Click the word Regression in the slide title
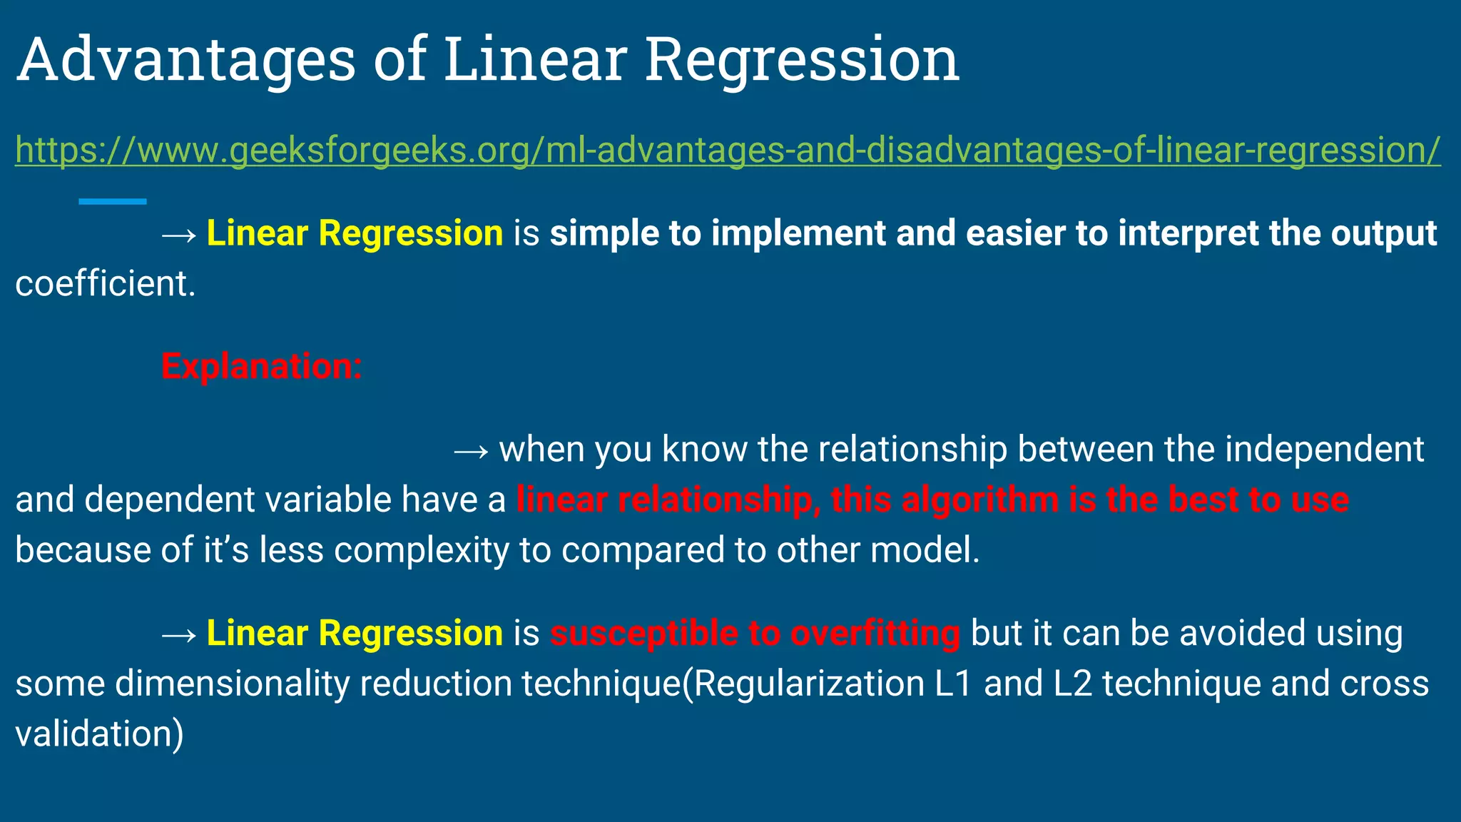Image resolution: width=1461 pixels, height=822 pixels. click(x=802, y=61)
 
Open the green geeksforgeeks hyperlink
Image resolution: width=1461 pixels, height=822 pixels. click(x=728, y=151)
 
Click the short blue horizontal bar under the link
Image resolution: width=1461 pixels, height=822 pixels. click(x=113, y=202)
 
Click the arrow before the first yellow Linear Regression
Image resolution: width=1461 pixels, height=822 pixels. click(x=179, y=235)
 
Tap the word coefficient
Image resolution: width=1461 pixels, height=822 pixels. click(x=104, y=284)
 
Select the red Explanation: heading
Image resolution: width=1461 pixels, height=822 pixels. click(x=262, y=367)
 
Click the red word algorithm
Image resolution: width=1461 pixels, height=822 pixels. click(x=980, y=499)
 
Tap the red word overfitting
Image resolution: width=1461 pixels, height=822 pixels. click(x=875, y=634)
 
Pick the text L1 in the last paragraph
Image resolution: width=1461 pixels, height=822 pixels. click(x=954, y=684)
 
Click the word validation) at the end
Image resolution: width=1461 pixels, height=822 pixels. click(x=99, y=734)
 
